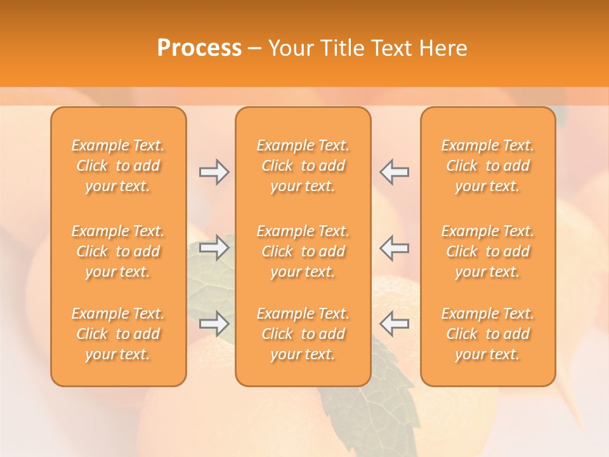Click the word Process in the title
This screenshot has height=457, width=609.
point(199,48)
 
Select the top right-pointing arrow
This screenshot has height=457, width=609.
point(214,172)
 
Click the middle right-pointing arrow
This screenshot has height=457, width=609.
point(214,248)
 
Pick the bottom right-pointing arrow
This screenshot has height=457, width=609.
point(214,324)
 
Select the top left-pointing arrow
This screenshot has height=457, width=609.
point(394,172)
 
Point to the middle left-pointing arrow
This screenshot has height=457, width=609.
point(394,248)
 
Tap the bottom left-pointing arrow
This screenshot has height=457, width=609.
point(394,324)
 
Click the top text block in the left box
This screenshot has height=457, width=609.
point(118,166)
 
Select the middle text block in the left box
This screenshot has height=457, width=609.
point(118,251)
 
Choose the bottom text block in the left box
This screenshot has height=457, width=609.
point(118,334)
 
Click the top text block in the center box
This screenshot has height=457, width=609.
point(303,166)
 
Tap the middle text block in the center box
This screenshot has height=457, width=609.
point(303,251)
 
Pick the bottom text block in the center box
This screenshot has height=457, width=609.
point(303,334)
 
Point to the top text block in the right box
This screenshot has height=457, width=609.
point(487,166)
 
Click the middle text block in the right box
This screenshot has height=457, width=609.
point(487,251)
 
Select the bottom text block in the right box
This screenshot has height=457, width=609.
point(487,334)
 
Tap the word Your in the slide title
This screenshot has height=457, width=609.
point(290,48)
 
